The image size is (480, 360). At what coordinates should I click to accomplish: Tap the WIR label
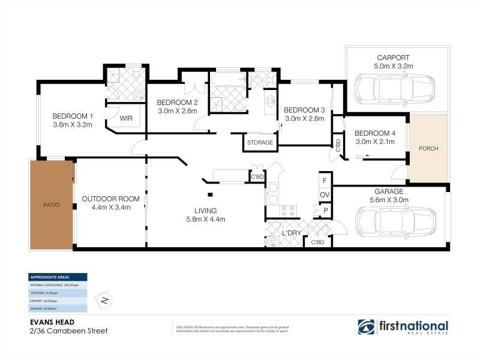coord(126,118)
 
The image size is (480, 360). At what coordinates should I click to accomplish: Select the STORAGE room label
coord(260,143)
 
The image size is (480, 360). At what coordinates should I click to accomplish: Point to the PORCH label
coord(428,148)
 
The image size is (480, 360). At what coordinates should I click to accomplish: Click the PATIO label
coord(51,205)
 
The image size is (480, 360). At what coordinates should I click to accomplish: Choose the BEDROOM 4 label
coord(375,133)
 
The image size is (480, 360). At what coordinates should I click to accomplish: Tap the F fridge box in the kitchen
coord(324,180)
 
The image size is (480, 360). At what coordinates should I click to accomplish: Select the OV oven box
coord(324,195)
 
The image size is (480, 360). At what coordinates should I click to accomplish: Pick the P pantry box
coord(325,211)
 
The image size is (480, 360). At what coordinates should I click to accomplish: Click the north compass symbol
coord(105,300)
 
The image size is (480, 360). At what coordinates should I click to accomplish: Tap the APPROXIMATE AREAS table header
coord(58,277)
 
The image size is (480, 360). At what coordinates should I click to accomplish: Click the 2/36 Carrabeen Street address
coord(62,330)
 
